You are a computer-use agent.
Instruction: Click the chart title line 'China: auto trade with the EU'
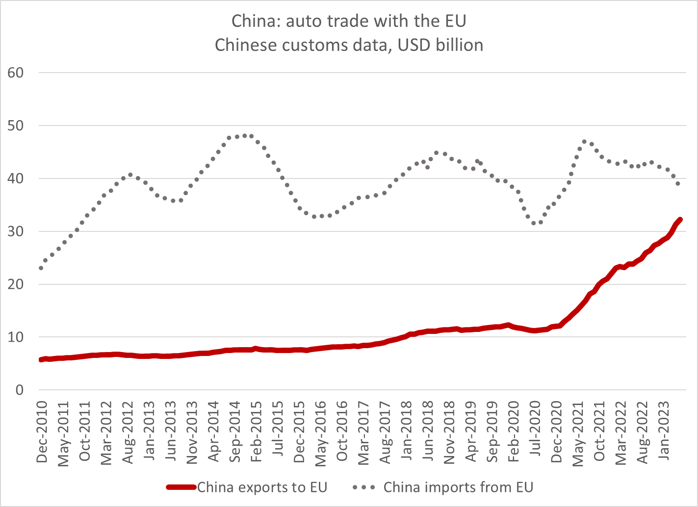[x=349, y=21]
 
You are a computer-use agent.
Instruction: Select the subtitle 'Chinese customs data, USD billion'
[x=349, y=45]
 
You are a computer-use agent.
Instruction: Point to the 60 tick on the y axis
[x=16, y=73]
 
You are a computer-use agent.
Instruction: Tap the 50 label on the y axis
[x=16, y=126]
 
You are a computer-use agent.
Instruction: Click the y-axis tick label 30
[x=16, y=231]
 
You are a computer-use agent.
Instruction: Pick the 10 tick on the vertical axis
[x=16, y=337]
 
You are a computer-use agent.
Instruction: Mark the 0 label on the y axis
[x=20, y=390]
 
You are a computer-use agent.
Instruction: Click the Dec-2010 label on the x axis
[x=42, y=431]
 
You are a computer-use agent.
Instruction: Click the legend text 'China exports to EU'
[x=262, y=487]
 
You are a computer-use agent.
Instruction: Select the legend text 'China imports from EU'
[x=458, y=487]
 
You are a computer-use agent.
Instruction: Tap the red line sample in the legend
[x=181, y=487]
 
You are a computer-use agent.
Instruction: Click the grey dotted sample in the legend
[x=364, y=487]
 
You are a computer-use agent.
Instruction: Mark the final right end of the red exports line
[x=680, y=220]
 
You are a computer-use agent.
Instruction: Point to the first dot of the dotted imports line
[x=41, y=268]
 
